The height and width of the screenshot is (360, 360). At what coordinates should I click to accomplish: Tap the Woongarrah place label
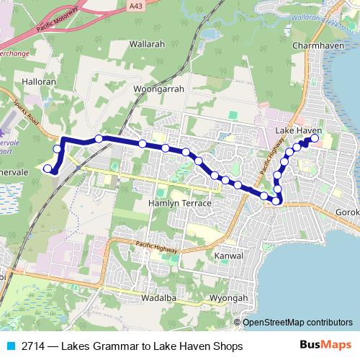tap(159, 89)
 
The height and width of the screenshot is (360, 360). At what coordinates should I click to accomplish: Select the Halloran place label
tap(39, 82)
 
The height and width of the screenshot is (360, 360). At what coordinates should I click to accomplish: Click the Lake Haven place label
tap(298, 130)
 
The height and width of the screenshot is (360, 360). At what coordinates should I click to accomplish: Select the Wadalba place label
tap(158, 297)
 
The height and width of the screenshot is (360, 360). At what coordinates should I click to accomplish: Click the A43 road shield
tap(134, 6)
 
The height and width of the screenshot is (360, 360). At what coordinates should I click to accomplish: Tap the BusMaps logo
tap(330, 346)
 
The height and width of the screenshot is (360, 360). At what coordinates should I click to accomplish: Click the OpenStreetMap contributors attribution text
tap(297, 323)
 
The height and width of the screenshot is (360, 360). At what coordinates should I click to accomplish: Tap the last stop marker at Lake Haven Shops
tap(314, 138)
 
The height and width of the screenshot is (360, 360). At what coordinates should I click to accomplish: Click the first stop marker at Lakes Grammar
tap(48, 169)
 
